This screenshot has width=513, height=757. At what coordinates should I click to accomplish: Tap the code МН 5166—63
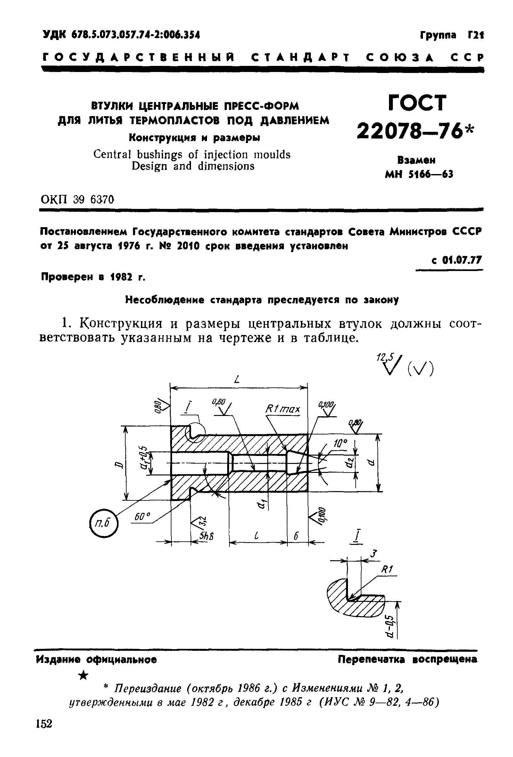419,175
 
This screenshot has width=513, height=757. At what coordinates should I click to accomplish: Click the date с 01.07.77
456,260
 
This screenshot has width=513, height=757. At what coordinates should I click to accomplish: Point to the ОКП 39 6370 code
77,199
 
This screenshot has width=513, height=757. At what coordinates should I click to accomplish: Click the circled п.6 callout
103,523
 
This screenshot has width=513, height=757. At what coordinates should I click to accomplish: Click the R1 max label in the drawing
282,409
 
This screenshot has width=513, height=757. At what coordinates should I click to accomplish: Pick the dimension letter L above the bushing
237,379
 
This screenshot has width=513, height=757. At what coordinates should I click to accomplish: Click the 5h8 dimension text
207,536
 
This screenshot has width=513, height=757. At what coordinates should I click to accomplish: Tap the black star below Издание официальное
84,675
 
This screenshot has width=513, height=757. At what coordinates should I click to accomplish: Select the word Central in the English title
112,154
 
